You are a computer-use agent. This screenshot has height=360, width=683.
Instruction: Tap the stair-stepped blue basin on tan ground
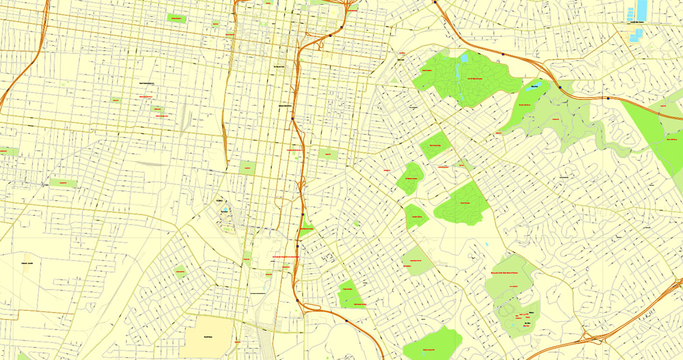tap(632, 14)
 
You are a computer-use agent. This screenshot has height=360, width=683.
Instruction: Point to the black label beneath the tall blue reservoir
tap(640, 23)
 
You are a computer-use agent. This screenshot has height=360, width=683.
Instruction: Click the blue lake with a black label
tap(535, 87)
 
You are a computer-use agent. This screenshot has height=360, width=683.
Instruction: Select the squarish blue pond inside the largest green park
tap(464, 59)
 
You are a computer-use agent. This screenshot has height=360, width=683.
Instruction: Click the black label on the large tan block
tap(208, 336)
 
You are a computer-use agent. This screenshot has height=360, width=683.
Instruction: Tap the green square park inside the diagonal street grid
tap(180, 271)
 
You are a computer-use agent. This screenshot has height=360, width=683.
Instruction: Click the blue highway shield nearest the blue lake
tap(559, 87)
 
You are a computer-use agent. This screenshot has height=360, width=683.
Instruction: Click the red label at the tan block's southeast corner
tap(237, 341)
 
